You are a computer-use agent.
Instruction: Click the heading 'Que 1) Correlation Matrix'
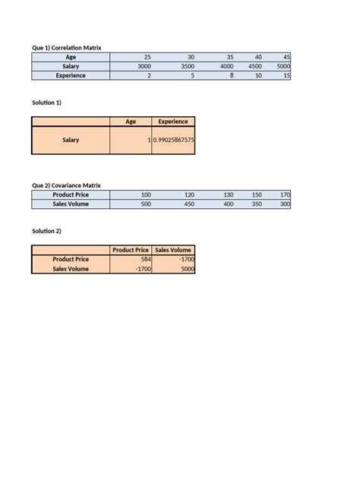coord(66,48)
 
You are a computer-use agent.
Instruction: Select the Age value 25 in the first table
coord(147,57)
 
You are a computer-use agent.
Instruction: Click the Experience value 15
coord(286,76)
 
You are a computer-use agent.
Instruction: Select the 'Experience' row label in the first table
coord(71,76)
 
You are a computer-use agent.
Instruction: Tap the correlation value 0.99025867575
coord(174,141)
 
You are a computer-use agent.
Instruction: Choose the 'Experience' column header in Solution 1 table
coord(173,122)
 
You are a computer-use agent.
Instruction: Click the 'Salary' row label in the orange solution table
coord(71,141)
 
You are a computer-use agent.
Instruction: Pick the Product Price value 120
coord(189,195)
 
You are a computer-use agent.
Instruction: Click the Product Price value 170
coord(285,195)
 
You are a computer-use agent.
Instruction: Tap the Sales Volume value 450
coord(189,204)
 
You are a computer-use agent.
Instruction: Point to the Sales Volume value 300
coord(285,204)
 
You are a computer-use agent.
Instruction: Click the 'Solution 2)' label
coord(46,231)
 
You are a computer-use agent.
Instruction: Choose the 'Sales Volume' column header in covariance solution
coord(173,250)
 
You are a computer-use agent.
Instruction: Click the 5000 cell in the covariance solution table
coord(186,268)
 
